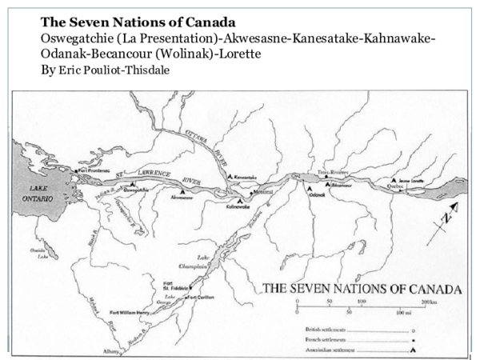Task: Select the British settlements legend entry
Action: tap(329, 329)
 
